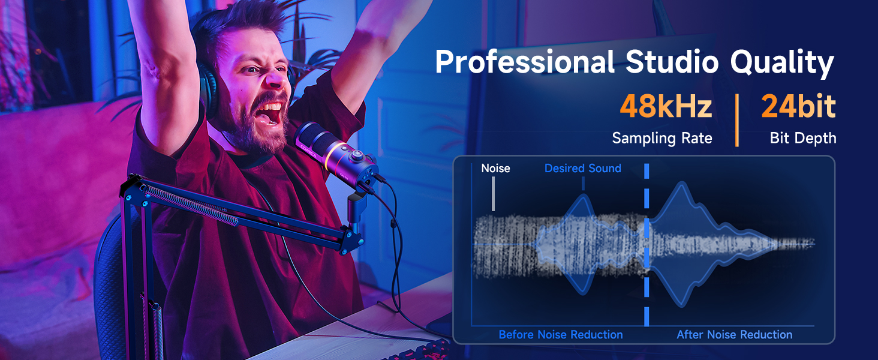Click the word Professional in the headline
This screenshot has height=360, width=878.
pyautogui.click(x=525, y=62)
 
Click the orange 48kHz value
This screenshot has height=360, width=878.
pyautogui.click(x=666, y=107)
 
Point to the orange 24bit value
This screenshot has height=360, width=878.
pyautogui.click(x=798, y=107)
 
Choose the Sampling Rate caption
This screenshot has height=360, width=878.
pyautogui.click(x=662, y=139)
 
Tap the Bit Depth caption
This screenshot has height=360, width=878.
pyautogui.click(x=803, y=139)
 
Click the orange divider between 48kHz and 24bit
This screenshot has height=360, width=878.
pyautogui.click(x=737, y=120)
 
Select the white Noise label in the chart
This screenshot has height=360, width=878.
pyautogui.click(x=495, y=169)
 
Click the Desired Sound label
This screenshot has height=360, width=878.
pyautogui.click(x=582, y=169)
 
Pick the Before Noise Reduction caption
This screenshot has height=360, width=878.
pyautogui.click(x=560, y=335)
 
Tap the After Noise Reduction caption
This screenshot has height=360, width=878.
pyautogui.click(x=734, y=335)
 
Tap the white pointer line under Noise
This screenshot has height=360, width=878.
pyautogui.click(x=493, y=194)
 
